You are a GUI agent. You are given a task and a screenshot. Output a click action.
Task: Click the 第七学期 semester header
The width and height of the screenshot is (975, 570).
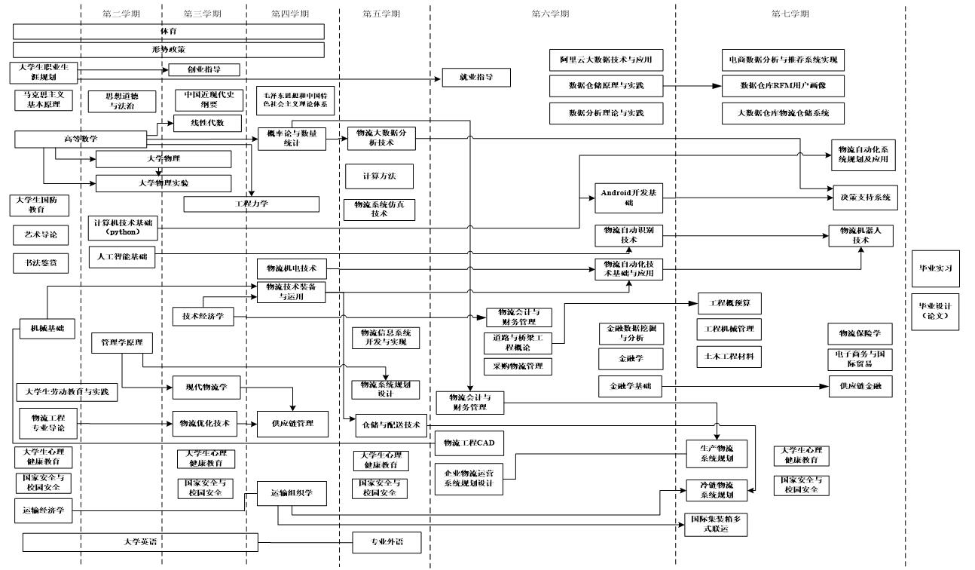click(790, 14)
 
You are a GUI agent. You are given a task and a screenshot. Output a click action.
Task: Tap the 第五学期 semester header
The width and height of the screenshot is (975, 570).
click(381, 14)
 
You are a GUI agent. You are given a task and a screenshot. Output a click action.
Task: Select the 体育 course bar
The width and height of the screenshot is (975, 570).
click(169, 32)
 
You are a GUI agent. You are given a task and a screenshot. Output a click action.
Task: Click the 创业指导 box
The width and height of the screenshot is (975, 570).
click(203, 69)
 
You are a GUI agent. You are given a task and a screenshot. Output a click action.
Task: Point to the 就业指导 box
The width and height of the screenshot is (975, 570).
click(476, 77)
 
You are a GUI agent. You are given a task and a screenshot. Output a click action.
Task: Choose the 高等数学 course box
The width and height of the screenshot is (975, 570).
click(81, 139)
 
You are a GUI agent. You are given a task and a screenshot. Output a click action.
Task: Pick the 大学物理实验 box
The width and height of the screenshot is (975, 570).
click(164, 183)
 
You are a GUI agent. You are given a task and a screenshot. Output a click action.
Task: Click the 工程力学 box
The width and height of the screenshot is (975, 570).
click(252, 204)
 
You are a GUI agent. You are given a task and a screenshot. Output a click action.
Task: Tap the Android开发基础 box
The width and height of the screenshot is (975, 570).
click(628, 198)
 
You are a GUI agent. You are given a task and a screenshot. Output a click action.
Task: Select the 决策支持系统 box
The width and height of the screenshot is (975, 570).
click(865, 198)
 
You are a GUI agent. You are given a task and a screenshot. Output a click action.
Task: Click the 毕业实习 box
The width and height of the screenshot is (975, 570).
click(936, 268)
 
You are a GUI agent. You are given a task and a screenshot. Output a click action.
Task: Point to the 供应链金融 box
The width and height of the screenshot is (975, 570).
click(860, 386)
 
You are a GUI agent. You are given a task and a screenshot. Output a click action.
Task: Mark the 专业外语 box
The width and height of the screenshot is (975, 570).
click(387, 542)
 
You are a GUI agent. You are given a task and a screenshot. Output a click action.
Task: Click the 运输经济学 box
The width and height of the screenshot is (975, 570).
click(43, 510)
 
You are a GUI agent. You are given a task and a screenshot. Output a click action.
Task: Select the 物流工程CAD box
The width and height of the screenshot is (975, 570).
click(469, 443)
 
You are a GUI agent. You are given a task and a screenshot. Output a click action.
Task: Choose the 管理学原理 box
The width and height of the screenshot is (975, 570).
click(122, 343)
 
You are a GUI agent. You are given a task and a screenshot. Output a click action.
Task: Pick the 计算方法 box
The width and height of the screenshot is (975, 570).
click(379, 176)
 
